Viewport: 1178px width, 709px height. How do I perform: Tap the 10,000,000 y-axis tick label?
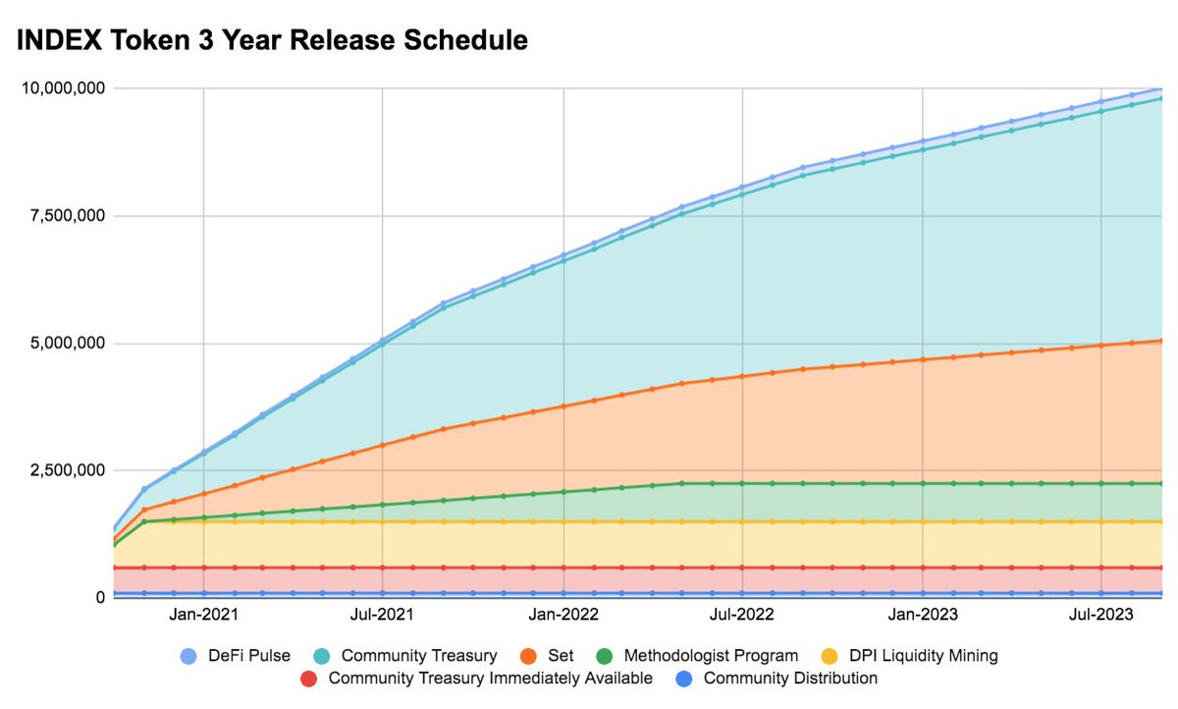coord(63,88)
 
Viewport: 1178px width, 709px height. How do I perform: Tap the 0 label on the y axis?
coord(100,597)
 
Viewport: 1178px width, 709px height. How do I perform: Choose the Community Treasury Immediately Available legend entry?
coord(490,678)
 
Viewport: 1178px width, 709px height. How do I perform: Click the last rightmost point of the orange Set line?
coord(1160,341)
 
